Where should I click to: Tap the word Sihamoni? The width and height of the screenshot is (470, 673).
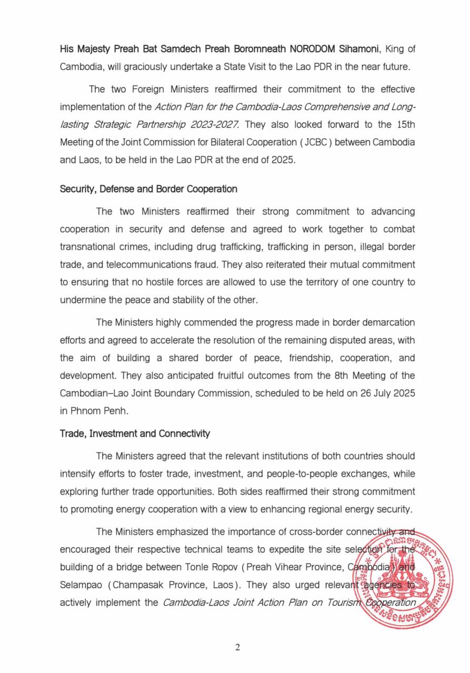point(358,49)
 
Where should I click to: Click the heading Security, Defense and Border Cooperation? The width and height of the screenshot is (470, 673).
point(148,189)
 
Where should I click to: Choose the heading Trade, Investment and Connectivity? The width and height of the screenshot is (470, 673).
point(135,434)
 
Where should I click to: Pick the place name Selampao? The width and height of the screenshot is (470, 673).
point(81,584)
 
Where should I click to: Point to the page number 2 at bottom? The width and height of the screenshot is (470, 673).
point(237,647)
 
